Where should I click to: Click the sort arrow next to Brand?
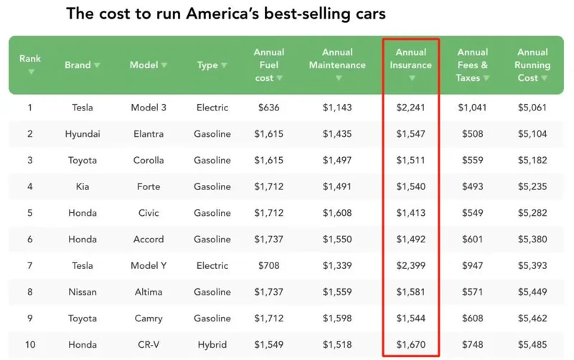(x=97, y=65)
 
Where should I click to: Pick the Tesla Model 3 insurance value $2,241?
(x=411, y=108)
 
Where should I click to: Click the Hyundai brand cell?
(x=83, y=134)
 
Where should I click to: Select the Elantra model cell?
(x=149, y=134)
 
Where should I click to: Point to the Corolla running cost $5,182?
(x=532, y=161)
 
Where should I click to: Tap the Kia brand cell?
(x=83, y=186)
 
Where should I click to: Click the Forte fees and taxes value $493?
(x=473, y=186)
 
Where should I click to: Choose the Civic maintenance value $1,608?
(x=337, y=213)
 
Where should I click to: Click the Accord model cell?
(x=149, y=240)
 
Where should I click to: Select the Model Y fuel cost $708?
(x=269, y=266)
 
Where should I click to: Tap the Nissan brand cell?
(x=83, y=292)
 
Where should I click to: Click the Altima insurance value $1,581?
(x=411, y=292)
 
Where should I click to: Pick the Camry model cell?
(x=149, y=318)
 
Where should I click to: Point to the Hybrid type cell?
(x=212, y=345)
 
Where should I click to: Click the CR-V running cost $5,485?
(x=532, y=345)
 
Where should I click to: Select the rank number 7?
(x=30, y=266)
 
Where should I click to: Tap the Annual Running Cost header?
(x=532, y=65)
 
